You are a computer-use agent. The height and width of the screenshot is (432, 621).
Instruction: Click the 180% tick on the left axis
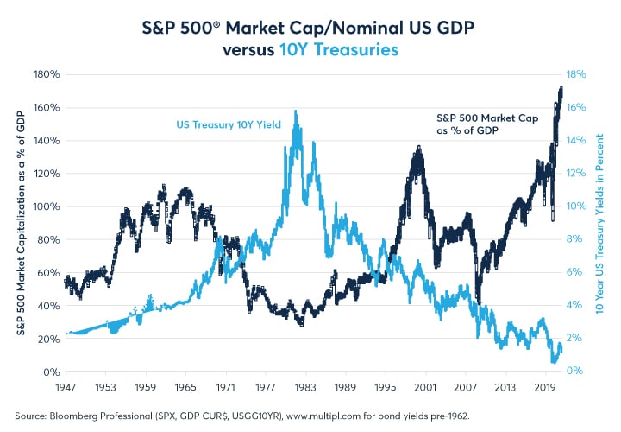tap(45, 75)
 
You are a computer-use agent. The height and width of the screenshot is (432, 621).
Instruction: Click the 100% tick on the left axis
tap(45, 207)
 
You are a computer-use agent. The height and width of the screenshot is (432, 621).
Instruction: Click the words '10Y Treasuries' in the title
tap(339, 49)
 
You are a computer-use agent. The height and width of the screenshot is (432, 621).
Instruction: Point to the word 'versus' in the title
tap(250, 49)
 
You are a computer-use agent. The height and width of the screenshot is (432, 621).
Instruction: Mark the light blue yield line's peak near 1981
tap(296, 111)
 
